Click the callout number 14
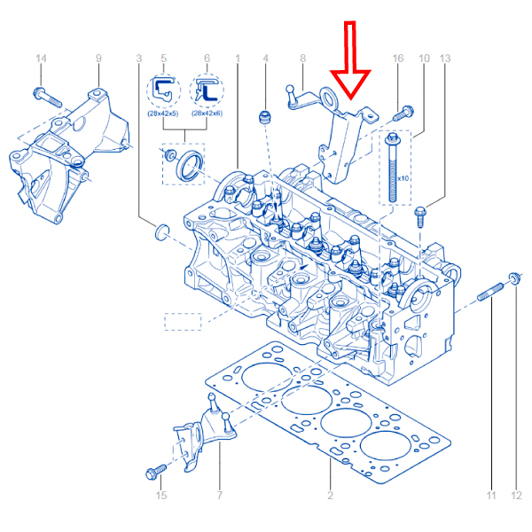[41, 59]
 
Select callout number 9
[98, 59]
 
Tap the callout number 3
[139, 59]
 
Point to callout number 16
[398, 59]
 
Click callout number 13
[445, 59]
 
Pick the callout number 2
[330, 496]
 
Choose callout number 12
[516, 496]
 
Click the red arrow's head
[350, 85]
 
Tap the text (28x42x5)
[163, 113]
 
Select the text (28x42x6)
[207, 113]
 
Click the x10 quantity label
[403, 178]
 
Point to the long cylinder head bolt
[393, 168]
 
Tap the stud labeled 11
[490, 292]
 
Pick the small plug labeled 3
[161, 232]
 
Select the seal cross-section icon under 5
[163, 90]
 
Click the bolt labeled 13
[420, 217]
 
